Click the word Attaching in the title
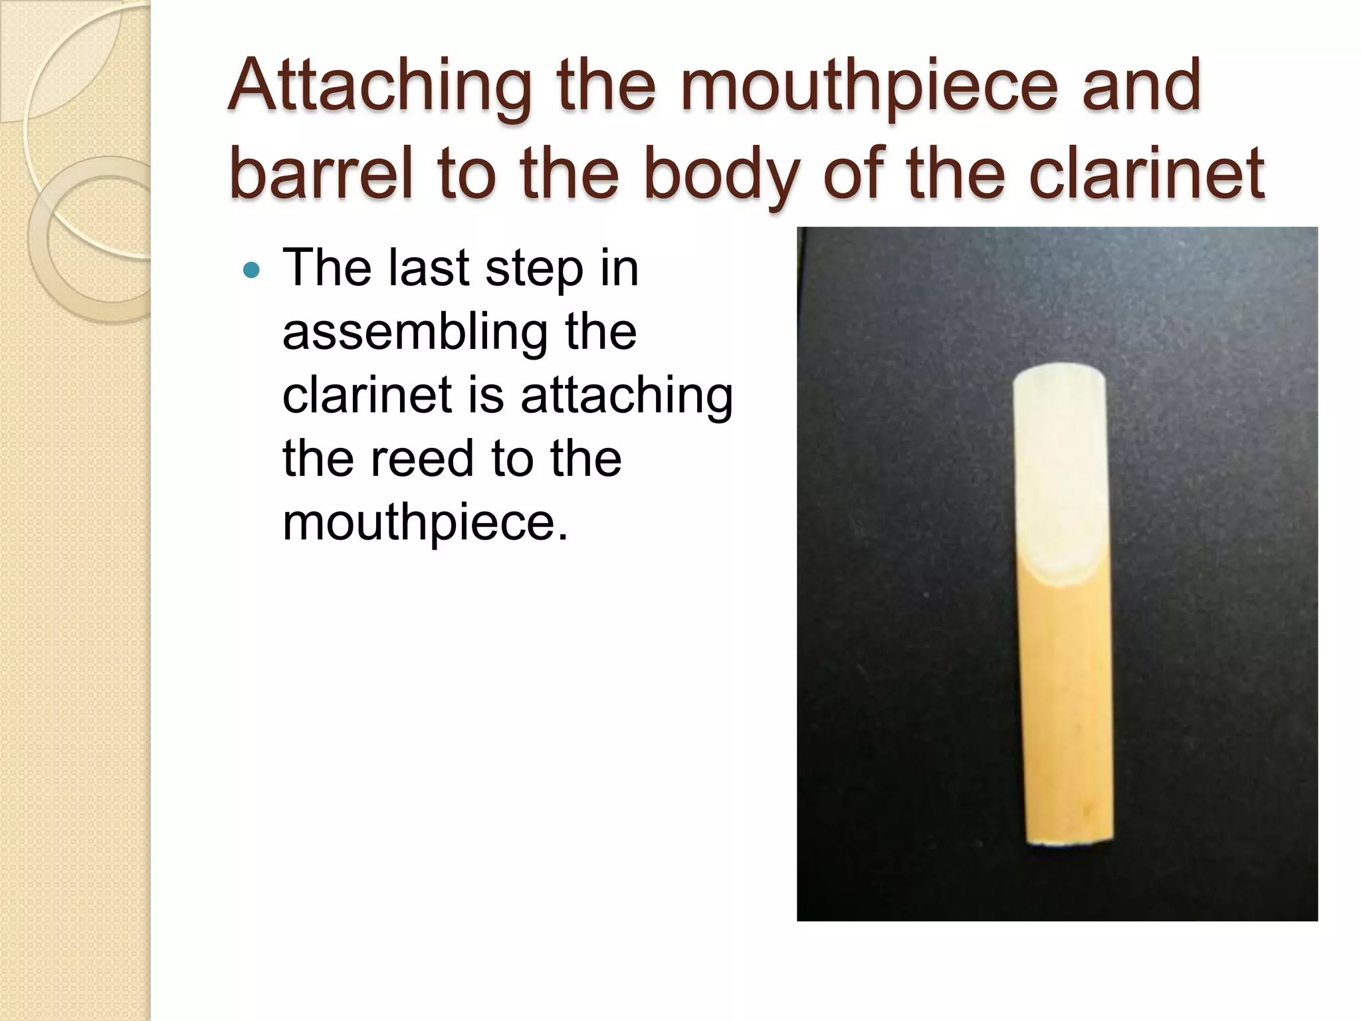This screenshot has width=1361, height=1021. (379, 86)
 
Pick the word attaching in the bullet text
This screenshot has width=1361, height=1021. (626, 394)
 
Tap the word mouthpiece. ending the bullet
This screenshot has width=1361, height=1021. (425, 522)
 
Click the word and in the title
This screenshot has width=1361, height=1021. (1141, 86)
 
